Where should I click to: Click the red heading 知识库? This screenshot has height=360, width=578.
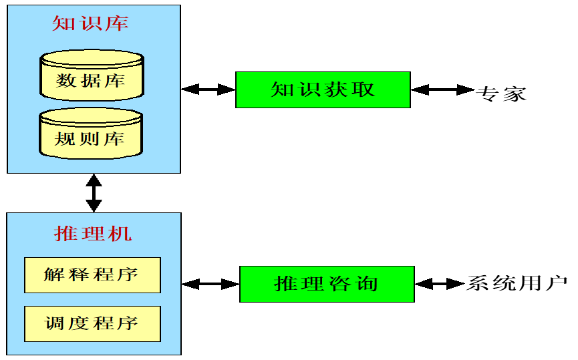90,24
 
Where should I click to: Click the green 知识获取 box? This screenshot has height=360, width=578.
323,89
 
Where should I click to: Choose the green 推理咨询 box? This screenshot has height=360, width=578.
327,284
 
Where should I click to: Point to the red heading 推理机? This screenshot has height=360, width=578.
93,234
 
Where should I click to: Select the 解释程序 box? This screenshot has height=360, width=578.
92,275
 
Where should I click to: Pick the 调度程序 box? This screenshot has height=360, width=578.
92,324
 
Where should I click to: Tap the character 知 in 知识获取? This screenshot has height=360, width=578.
282,89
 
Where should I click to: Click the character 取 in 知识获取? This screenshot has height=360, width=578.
364,89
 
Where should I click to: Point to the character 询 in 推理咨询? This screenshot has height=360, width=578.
367,284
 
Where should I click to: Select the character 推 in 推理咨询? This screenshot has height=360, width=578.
285,284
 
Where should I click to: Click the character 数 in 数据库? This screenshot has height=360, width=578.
66,81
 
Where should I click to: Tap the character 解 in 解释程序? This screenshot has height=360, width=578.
54,275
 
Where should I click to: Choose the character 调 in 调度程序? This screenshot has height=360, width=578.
55,324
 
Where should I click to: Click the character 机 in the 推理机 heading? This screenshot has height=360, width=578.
121,234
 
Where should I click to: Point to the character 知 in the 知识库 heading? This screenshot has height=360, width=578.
63,24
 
